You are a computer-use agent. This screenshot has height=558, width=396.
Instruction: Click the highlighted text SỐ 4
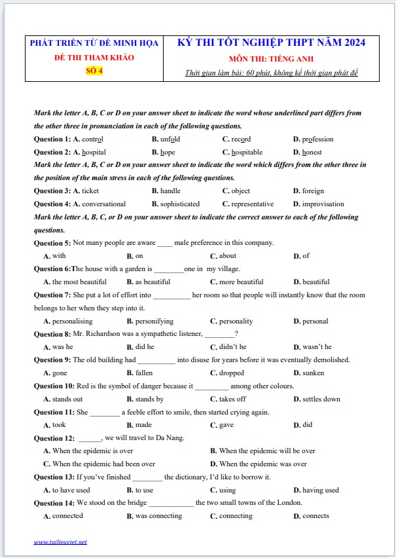pyautogui.click(x=94, y=71)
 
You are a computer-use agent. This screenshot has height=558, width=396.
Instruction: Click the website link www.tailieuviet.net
pyautogui.click(x=60, y=542)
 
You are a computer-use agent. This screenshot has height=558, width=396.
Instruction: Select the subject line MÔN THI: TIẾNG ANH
pyautogui.click(x=271, y=58)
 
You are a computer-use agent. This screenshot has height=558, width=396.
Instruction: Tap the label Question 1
pyautogui.click(x=52, y=139)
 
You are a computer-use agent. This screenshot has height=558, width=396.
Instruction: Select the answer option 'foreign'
pyautogui.click(x=313, y=191)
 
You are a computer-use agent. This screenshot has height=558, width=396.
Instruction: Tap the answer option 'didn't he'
pyautogui.click(x=232, y=346)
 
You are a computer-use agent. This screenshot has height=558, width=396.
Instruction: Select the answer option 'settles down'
pyautogui.click(x=321, y=399)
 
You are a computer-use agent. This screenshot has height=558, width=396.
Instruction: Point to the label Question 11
pyautogui.click(x=54, y=412)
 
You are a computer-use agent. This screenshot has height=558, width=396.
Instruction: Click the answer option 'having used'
pyautogui.click(x=320, y=490)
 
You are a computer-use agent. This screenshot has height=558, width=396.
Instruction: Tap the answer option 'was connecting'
pyautogui.click(x=158, y=515)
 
